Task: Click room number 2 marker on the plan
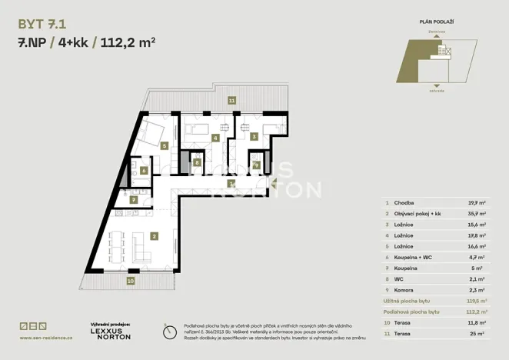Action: [155, 236]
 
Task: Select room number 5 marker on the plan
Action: [165, 145]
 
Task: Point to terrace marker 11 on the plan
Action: [231, 101]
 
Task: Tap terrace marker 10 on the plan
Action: [131, 281]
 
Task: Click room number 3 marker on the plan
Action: [254, 137]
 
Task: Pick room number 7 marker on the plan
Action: [135, 199]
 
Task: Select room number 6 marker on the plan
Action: [143, 171]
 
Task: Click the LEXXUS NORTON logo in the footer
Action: [111, 334]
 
